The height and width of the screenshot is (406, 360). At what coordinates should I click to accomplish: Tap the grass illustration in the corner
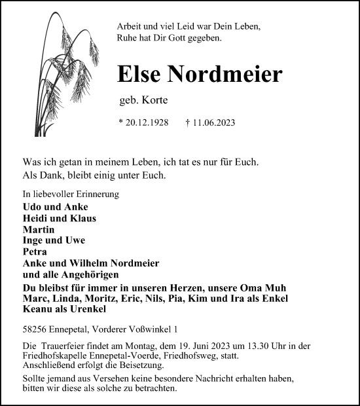69,72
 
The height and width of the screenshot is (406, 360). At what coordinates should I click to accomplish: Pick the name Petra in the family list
35,251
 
